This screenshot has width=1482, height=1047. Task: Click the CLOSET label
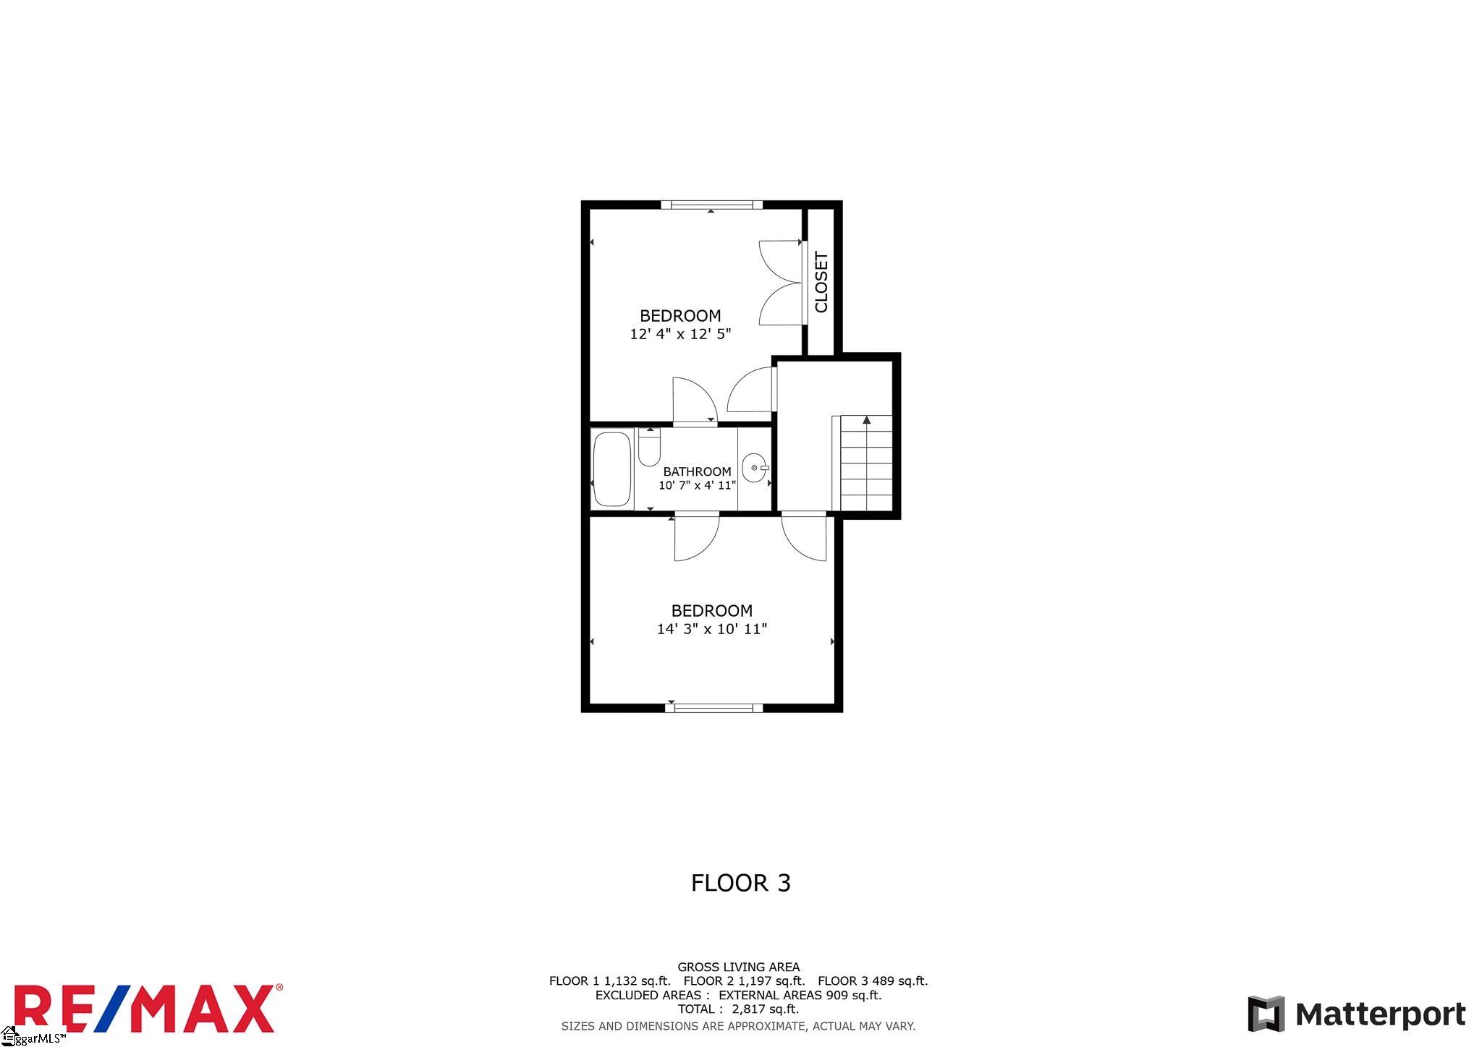(x=821, y=282)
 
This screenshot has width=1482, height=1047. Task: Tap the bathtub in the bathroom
(x=611, y=469)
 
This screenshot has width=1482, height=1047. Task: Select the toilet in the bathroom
(x=649, y=448)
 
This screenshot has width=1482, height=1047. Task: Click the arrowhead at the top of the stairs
(x=866, y=419)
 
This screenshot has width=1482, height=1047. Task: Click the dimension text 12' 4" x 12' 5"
(x=681, y=334)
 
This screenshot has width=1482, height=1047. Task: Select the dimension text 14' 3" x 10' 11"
(x=712, y=629)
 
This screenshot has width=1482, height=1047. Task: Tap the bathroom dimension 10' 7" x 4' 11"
(x=697, y=485)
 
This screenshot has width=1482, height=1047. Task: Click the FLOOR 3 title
(x=741, y=883)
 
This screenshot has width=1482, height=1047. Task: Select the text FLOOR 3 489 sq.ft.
(x=873, y=981)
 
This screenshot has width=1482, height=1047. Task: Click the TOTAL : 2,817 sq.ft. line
(x=738, y=1009)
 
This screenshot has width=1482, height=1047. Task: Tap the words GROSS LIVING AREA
(x=739, y=967)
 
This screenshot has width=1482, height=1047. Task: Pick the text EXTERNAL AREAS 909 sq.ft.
(x=800, y=995)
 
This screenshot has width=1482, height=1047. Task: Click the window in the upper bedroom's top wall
(x=711, y=205)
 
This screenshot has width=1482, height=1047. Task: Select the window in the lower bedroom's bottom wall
(x=714, y=708)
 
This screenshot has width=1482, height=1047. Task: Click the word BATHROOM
(x=697, y=471)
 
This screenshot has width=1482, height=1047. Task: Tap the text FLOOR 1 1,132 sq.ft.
(x=610, y=981)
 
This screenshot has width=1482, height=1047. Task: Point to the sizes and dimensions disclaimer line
(x=739, y=1026)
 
